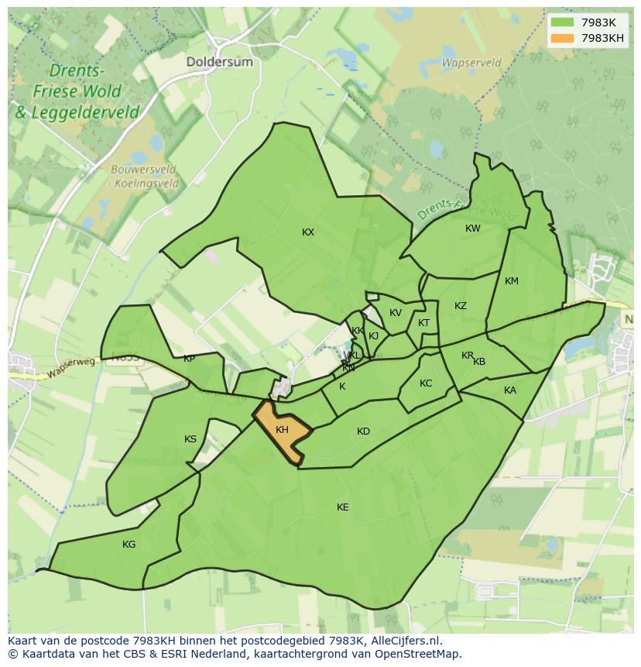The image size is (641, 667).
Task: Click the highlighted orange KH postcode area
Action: pyautogui.click(x=281, y=431)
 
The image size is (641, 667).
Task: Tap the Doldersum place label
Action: pyautogui.click(x=219, y=61)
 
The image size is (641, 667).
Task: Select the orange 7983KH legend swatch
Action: pyautogui.click(x=563, y=37)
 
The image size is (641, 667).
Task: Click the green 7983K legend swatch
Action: pyautogui.click(x=563, y=22)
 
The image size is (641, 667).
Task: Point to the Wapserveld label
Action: pyautogui.click(x=471, y=62)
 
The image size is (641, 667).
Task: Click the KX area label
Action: pyautogui.click(x=308, y=232)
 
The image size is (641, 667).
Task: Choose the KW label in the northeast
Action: pyautogui.click(x=472, y=228)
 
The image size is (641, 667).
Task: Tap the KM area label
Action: pyautogui.click(x=511, y=280)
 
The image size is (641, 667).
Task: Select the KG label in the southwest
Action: pyautogui.click(x=129, y=544)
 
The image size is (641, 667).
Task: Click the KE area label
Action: pyautogui.click(x=342, y=507)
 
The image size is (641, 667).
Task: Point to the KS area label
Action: pyautogui.click(x=190, y=439)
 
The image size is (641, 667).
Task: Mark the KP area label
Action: pyautogui.click(x=189, y=359)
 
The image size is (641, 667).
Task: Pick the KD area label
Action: pyautogui.click(x=363, y=431)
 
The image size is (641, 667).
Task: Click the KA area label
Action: pyautogui.click(x=509, y=390)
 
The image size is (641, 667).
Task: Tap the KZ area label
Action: pyautogui.click(x=461, y=305)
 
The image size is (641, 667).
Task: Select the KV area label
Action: pyautogui.click(x=395, y=312)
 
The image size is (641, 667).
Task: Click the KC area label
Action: pyautogui.click(x=426, y=383)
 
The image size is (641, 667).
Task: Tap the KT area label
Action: pyautogui.click(x=423, y=323)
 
